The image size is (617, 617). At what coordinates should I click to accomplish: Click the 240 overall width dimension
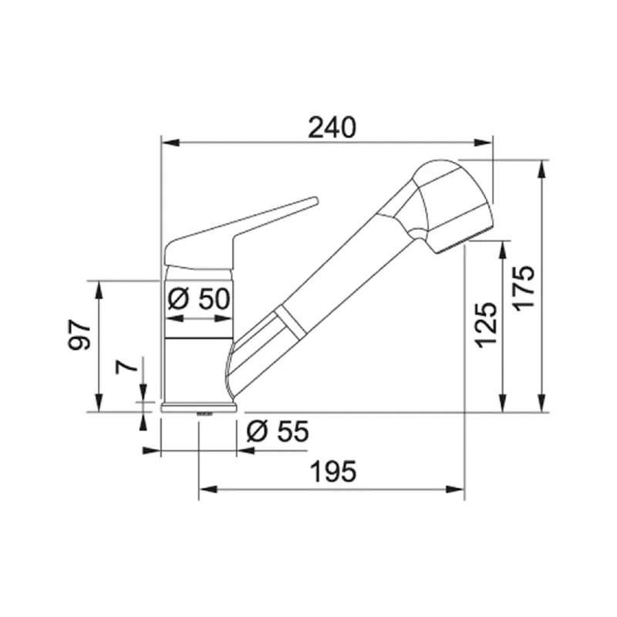[x=332, y=126]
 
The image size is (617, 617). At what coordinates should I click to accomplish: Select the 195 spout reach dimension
[x=332, y=471]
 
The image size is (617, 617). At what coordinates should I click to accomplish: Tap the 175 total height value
[x=524, y=287]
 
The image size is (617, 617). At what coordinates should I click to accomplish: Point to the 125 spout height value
[x=485, y=324]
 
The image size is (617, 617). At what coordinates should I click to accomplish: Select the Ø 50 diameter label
[x=198, y=298]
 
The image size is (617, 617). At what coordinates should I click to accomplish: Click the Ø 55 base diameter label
[x=277, y=432]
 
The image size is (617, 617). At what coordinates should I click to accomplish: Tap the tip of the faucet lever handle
[x=312, y=201]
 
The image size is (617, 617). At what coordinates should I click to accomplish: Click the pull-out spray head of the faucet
[x=447, y=204]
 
